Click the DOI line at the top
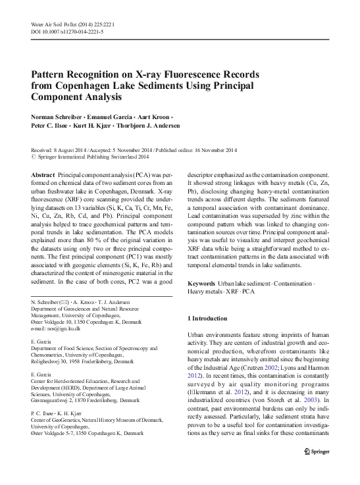click(66, 32)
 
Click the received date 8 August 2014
click(74, 150)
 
